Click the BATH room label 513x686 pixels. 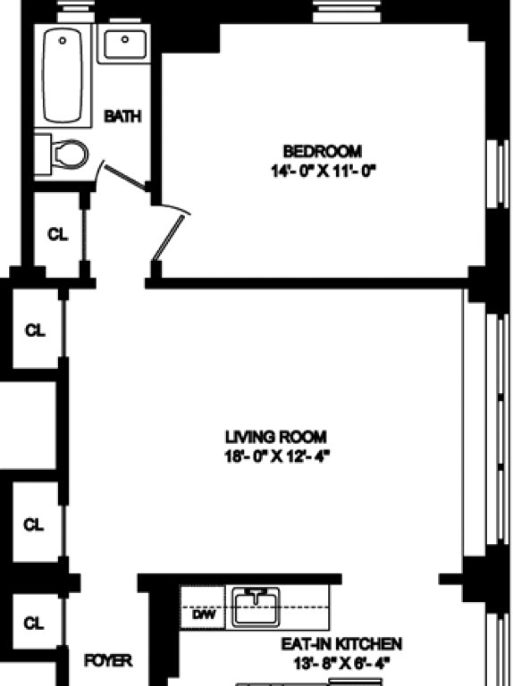pos(123,116)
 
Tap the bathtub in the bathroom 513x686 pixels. pos(63,75)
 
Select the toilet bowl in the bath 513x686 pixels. pos(70,154)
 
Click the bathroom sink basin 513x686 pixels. pos(125,44)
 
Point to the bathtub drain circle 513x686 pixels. pos(63,40)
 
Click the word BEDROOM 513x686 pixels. pos(323,151)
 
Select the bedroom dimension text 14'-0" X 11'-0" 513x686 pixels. pos(324,171)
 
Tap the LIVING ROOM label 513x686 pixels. pos(276,437)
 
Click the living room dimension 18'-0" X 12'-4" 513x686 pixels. pos(277,456)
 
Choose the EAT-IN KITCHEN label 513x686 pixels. pos(341,643)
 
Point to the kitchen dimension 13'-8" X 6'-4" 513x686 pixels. pos(341,664)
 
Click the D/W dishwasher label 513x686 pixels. pos(204,615)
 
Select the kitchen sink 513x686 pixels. pos(256,607)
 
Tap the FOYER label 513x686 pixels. pos(107,661)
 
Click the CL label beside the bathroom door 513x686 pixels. pos(58,235)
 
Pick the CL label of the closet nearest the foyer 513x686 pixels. pos(34,623)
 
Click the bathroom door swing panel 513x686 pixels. pos(125,178)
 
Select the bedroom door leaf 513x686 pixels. pos(167,238)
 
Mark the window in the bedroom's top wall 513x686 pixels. pos(347,12)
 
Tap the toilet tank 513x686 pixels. pos(43,155)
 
